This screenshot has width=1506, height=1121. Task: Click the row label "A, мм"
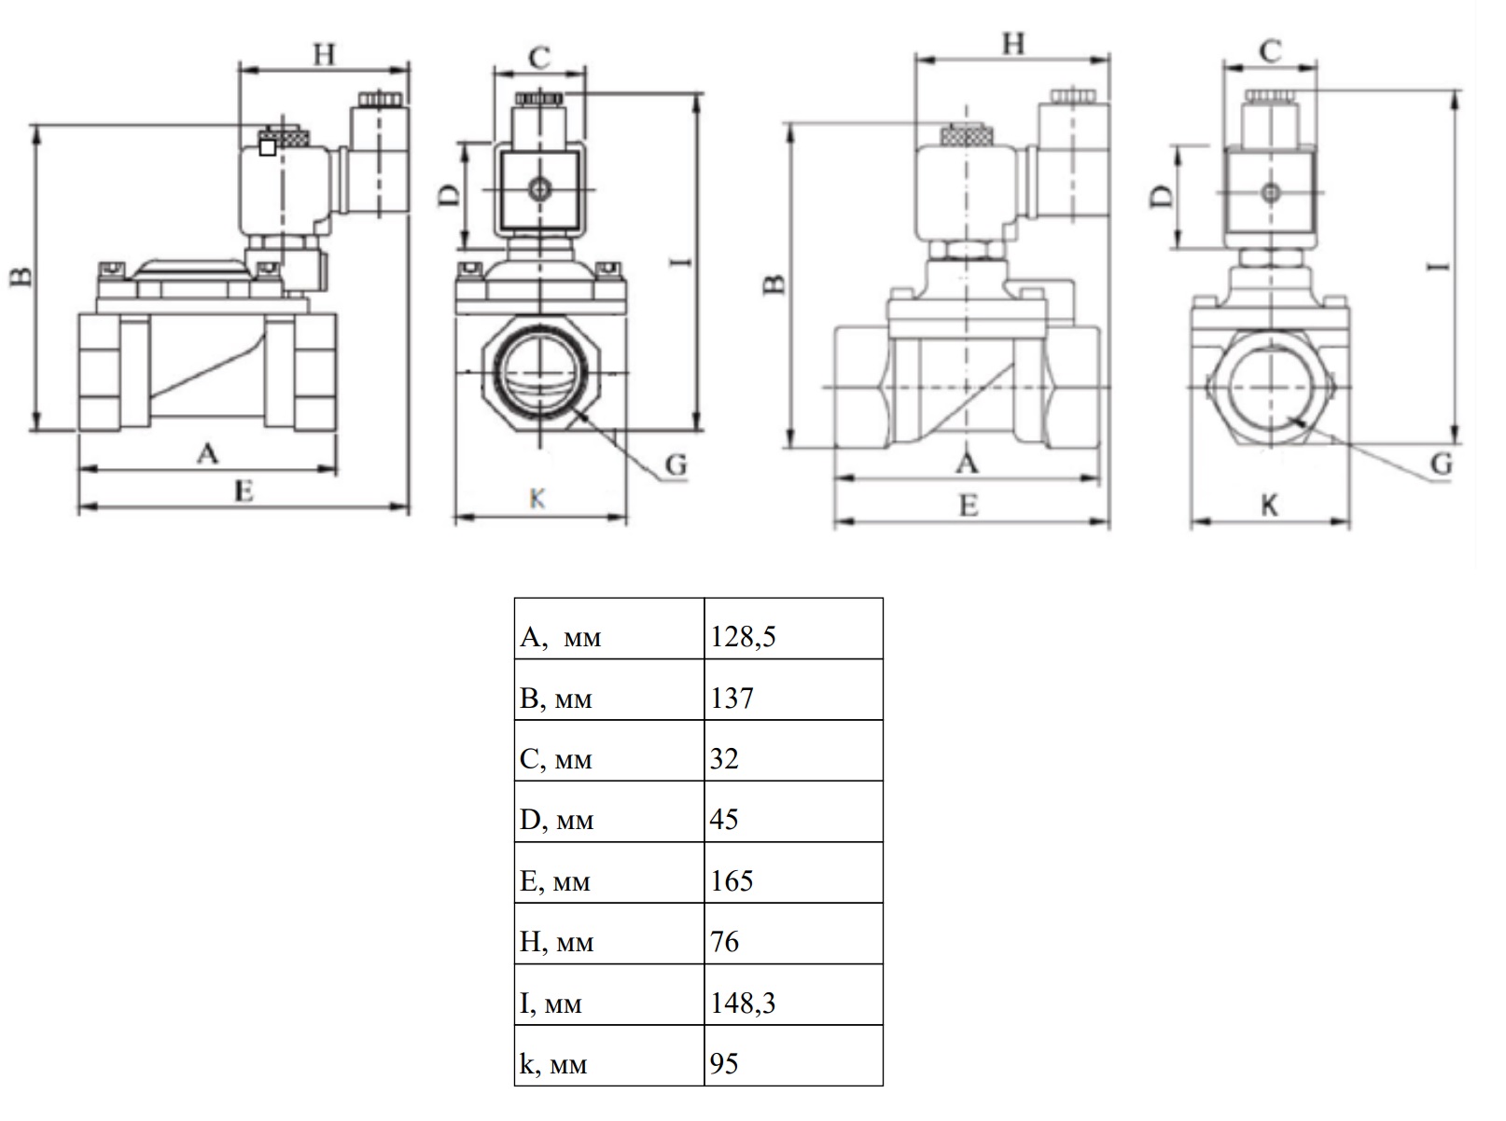560,637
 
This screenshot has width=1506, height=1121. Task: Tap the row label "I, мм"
551,1003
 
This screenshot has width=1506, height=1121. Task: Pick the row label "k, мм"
553,1063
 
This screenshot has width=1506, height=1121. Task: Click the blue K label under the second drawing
537,499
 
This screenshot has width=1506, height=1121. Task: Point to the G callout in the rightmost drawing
1441,464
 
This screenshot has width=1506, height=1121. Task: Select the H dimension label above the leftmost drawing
324,54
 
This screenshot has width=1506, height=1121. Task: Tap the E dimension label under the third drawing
969,505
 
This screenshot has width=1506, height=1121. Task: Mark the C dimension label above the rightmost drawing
1270,51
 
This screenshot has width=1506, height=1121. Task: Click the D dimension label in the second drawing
449,196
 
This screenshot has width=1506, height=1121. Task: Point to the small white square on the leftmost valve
268,147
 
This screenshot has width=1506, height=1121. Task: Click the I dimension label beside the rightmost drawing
1438,267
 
